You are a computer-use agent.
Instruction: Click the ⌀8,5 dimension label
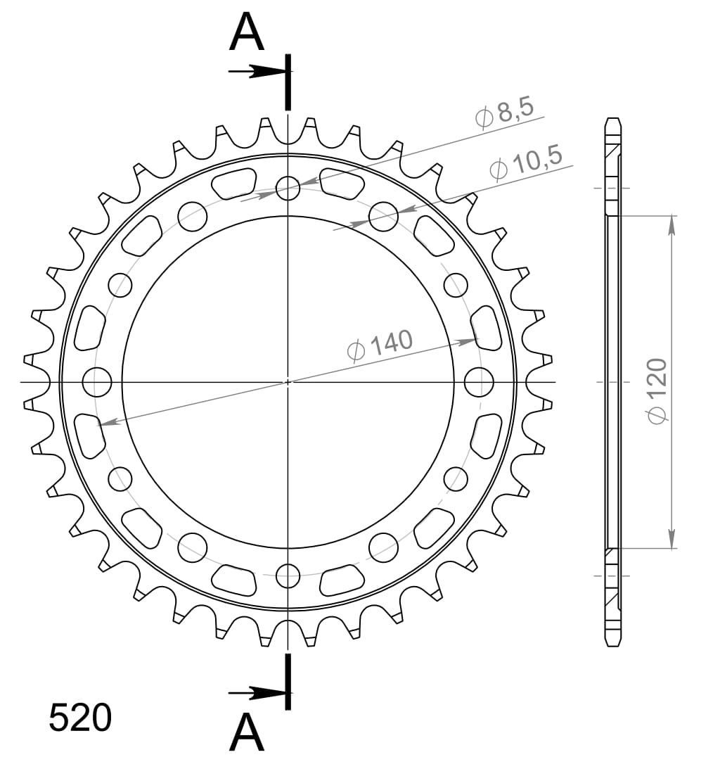pyautogui.click(x=504, y=114)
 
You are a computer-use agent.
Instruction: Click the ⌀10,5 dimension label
pyautogui.click(x=526, y=163)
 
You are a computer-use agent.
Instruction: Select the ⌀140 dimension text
pyautogui.click(x=380, y=346)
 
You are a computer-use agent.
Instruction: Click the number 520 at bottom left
pyautogui.click(x=80, y=718)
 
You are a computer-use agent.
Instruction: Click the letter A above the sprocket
pyautogui.click(x=247, y=32)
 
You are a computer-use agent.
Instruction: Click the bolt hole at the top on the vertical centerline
pyautogui.click(x=288, y=188)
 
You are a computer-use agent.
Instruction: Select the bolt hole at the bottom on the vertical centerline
pyautogui.click(x=288, y=575)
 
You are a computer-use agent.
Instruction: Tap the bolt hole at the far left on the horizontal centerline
pyautogui.click(x=96, y=382)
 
